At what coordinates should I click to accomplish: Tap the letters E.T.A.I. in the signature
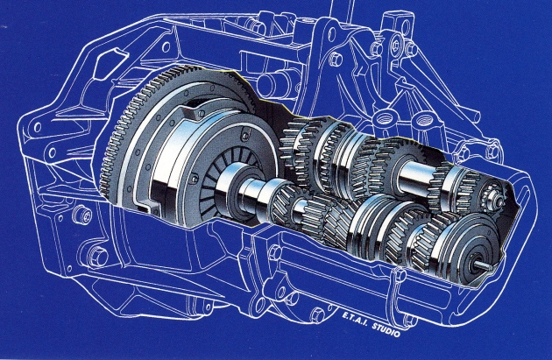tap(355, 319)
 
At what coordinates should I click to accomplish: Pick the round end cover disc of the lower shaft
tap(468, 248)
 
